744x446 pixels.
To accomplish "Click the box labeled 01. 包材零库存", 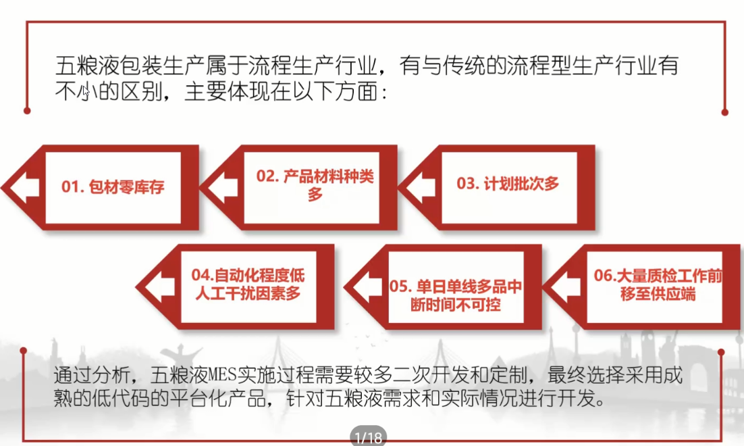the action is [x=113, y=187].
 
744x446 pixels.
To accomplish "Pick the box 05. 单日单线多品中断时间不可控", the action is [x=456, y=295].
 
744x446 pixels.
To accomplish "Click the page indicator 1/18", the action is [x=368, y=437].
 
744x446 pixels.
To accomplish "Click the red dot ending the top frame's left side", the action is [x=27, y=111].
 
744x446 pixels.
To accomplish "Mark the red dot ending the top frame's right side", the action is [x=724, y=111].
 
